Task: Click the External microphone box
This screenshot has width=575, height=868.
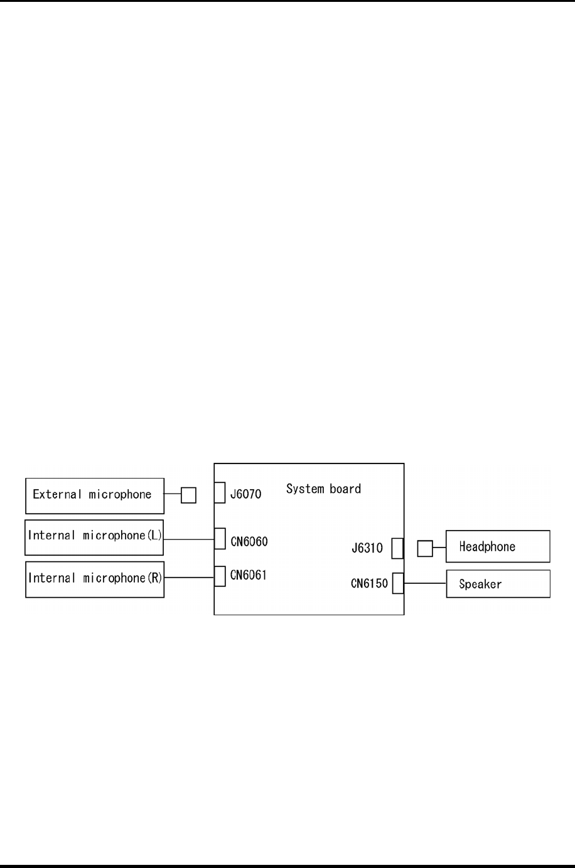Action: point(95,495)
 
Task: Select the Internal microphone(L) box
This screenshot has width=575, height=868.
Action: point(94,537)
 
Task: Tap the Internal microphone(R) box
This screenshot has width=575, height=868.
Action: point(95,580)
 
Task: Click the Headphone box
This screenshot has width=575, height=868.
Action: point(498,546)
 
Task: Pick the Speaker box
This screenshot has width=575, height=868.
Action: point(498,584)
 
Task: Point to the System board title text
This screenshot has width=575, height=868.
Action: point(323,489)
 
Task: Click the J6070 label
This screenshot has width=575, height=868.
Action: point(245,494)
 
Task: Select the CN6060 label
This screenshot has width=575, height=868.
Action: point(249,541)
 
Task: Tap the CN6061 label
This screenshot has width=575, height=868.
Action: point(249,575)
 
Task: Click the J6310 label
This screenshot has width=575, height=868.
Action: point(367,548)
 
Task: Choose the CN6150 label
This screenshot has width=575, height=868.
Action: point(369,584)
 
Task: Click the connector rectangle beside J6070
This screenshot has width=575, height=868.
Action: point(220,492)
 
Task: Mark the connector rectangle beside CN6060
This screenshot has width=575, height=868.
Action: point(220,539)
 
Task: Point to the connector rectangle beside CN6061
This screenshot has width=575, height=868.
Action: point(220,576)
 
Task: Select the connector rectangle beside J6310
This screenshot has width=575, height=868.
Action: point(397,548)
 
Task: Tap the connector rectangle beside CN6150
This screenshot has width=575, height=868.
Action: point(398,583)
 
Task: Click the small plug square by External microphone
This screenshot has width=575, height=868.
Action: point(188,495)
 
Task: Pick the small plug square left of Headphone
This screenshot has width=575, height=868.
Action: point(425,549)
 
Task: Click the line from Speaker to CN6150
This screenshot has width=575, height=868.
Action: point(425,583)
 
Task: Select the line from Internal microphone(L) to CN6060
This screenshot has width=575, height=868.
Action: point(188,539)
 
